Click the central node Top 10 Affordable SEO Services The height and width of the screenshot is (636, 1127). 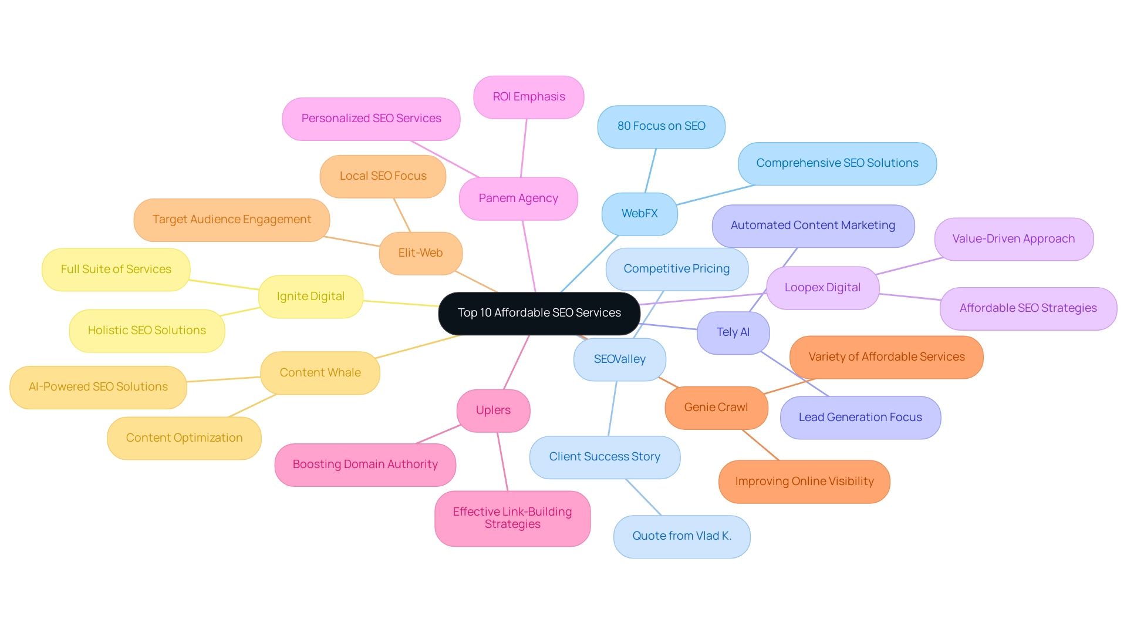(539, 313)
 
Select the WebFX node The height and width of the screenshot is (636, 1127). (639, 214)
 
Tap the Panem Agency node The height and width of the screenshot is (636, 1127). (518, 198)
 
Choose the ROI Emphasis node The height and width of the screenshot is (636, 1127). (528, 97)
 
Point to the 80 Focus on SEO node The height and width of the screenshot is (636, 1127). (661, 126)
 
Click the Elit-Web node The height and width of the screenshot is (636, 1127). (420, 253)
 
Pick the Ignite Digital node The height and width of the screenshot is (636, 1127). (311, 297)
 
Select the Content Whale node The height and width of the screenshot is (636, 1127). (320, 373)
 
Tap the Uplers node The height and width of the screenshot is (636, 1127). (493, 410)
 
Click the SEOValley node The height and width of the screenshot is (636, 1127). (619, 359)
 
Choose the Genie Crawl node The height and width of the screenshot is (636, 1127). (716, 408)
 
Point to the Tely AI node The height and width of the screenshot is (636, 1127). (733, 332)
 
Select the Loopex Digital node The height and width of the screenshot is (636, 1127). (822, 288)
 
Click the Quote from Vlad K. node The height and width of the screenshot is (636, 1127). (681, 536)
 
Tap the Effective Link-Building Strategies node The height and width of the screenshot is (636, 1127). (512, 518)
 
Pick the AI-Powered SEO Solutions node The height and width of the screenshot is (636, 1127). (98, 387)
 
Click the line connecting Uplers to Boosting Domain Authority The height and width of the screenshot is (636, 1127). (438, 435)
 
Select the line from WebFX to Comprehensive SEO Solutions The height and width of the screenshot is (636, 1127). (716, 195)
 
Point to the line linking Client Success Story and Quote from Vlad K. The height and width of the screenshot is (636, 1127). (643, 497)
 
